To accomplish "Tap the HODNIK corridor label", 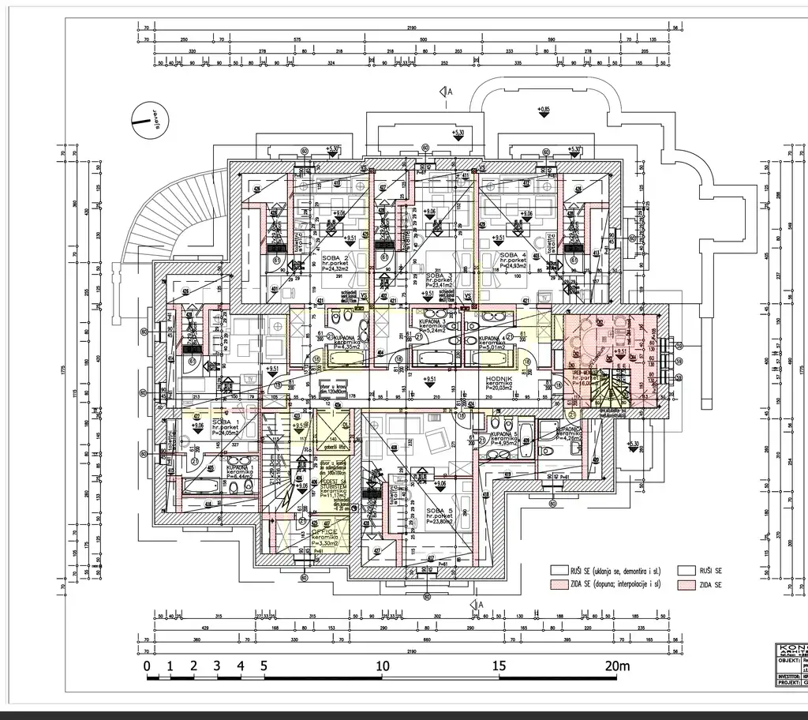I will (499, 380).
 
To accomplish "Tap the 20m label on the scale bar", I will (615, 666).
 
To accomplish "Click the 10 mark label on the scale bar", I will (383, 666).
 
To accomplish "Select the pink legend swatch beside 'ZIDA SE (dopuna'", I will (558, 585).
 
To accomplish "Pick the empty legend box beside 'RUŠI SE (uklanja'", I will (558, 570).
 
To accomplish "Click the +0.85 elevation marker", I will (543, 108).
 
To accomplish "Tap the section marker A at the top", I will (448, 93).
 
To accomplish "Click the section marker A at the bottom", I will (480, 604).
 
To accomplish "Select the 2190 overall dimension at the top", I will (406, 28).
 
